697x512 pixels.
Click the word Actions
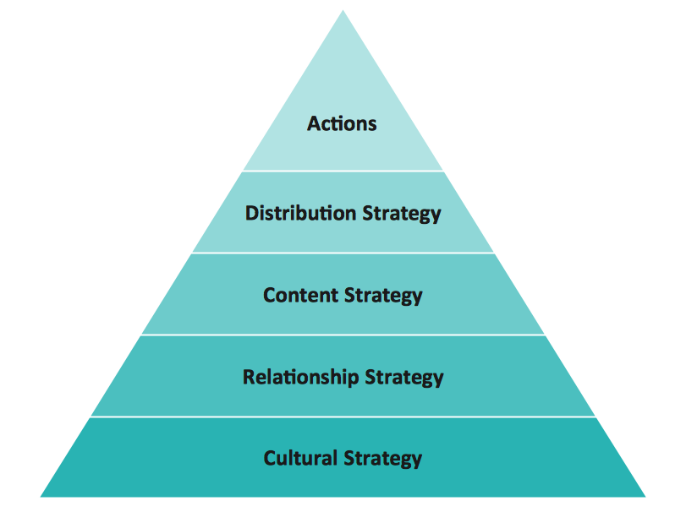pyautogui.click(x=342, y=123)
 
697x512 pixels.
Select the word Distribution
pyautogui.click(x=301, y=213)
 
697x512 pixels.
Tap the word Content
pyautogui.click(x=300, y=295)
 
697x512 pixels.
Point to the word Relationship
pyautogui.click(x=300, y=377)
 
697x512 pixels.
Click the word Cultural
pyautogui.click(x=300, y=458)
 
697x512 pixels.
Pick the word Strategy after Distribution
pyautogui.click(x=402, y=214)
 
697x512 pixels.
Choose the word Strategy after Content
pyautogui.click(x=383, y=297)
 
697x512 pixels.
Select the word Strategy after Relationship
pyautogui.click(x=404, y=378)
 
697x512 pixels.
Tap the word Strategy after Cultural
pyautogui.click(x=382, y=459)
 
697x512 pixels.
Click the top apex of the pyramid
pyautogui.click(x=343, y=10)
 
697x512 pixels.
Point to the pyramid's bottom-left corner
pyautogui.click(x=41, y=497)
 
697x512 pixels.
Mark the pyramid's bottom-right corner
pyautogui.click(x=645, y=497)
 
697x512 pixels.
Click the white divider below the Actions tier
pyautogui.click(x=343, y=171)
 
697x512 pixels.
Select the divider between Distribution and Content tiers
pyautogui.click(x=343, y=253)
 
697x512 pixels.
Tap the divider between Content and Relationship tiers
pyautogui.click(x=343, y=335)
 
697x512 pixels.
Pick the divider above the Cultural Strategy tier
pyautogui.click(x=343, y=417)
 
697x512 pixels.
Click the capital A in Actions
pyautogui.click(x=314, y=124)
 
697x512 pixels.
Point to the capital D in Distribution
pyautogui.click(x=252, y=213)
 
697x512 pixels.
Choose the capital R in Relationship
pyautogui.click(x=250, y=377)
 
